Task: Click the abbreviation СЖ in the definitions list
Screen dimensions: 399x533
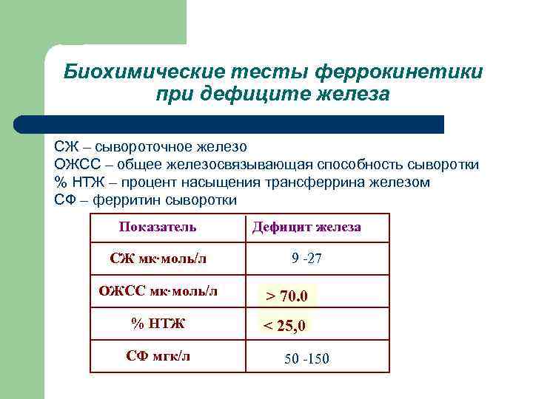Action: pyautogui.click(x=64, y=147)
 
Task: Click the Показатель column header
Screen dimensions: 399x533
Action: pyautogui.click(x=158, y=227)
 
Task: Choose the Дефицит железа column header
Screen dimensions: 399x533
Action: pyautogui.click(x=306, y=227)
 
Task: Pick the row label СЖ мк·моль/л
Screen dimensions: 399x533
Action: pyautogui.click(x=158, y=259)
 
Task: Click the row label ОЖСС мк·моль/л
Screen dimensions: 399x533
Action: pyautogui.click(x=158, y=290)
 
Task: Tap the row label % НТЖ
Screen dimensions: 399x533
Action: pyautogui.click(x=158, y=323)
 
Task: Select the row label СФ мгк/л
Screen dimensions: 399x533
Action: pyautogui.click(x=158, y=355)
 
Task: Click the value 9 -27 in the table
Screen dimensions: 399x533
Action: pyautogui.click(x=306, y=259)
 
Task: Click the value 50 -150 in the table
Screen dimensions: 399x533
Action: pyautogui.click(x=306, y=359)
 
